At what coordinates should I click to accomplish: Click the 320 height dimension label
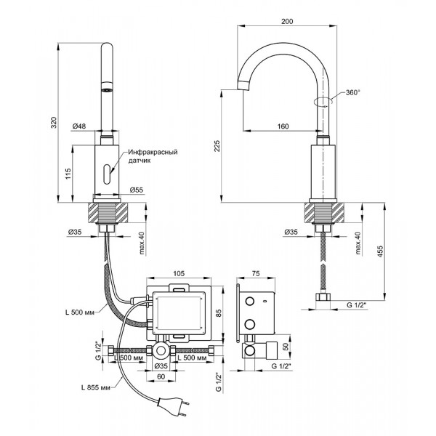coord(52,124)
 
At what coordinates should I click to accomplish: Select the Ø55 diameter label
coord(136,190)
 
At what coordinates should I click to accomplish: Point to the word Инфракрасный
coord(153,153)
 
